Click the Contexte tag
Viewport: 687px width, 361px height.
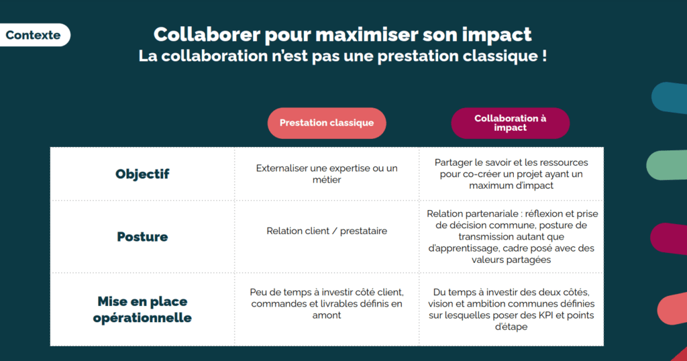[x=34, y=35]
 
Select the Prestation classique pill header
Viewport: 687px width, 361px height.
[x=327, y=123]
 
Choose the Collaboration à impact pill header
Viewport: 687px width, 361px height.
[x=511, y=123]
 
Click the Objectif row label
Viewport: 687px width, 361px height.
[x=142, y=174]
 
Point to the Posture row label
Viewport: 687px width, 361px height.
[x=142, y=237]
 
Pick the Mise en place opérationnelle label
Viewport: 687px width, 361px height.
[x=142, y=309]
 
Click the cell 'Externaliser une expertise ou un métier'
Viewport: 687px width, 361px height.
[x=327, y=174]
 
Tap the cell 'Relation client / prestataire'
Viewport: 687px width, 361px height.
[x=327, y=231]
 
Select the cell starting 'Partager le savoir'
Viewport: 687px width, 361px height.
[x=511, y=174]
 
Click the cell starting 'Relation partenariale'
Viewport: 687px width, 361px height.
[x=512, y=237]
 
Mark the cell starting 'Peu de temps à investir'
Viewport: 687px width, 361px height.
[x=327, y=303]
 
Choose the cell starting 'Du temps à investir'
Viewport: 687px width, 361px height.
[x=511, y=309]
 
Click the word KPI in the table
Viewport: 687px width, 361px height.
[x=546, y=315]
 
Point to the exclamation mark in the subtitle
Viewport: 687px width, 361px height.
[x=544, y=56]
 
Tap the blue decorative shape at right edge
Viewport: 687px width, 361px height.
[x=670, y=98]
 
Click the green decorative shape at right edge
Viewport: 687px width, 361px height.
[x=667, y=164]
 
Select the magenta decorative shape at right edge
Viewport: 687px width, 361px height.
[x=669, y=239]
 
